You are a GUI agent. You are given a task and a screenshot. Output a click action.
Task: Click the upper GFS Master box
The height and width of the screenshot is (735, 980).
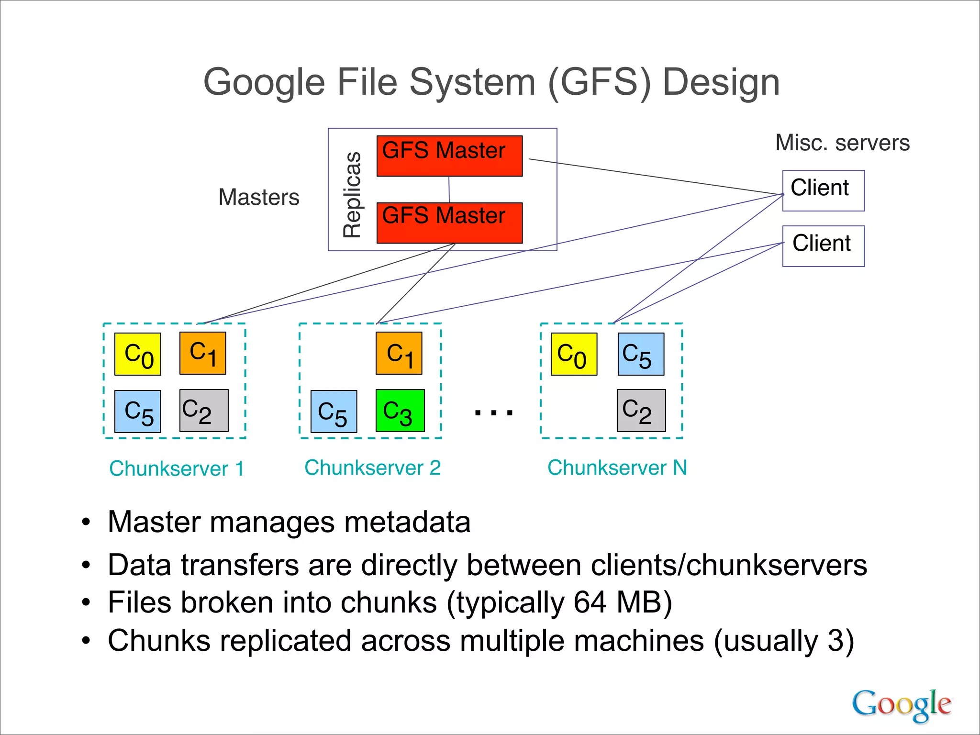click(449, 156)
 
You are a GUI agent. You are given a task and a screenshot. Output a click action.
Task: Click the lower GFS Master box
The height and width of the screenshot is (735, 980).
click(449, 223)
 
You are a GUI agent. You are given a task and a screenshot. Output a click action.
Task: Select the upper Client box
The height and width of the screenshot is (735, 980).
click(823, 190)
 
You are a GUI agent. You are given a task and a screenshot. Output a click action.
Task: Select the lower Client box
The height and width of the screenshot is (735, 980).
click(823, 246)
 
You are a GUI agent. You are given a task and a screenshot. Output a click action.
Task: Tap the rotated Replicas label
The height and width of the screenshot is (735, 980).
click(353, 195)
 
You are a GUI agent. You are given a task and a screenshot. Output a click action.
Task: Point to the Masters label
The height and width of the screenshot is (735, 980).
click(259, 197)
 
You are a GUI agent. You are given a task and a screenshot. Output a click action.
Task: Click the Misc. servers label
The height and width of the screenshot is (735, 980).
click(842, 143)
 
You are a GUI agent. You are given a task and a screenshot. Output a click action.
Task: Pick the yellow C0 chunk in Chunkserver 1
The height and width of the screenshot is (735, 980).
click(138, 354)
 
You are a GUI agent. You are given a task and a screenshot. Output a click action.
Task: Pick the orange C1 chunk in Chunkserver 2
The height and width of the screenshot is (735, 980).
click(399, 353)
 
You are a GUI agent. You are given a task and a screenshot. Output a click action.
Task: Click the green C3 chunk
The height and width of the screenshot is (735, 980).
click(400, 411)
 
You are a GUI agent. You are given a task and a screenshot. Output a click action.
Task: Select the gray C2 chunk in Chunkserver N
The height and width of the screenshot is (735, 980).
click(641, 411)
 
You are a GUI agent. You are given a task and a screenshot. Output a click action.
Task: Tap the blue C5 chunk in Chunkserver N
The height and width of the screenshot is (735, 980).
click(641, 354)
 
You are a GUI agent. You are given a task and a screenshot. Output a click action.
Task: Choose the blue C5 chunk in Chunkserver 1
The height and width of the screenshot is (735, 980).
click(138, 412)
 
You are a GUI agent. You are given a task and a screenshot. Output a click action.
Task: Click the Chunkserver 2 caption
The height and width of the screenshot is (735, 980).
click(372, 468)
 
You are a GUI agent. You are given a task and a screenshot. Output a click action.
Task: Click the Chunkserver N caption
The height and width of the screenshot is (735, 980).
click(617, 468)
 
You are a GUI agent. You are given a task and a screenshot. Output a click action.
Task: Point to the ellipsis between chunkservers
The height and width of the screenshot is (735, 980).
click(493, 412)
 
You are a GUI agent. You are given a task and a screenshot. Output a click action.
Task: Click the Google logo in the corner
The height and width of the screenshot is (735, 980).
click(901, 704)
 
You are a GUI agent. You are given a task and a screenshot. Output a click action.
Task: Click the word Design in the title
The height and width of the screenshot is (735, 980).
click(721, 82)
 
